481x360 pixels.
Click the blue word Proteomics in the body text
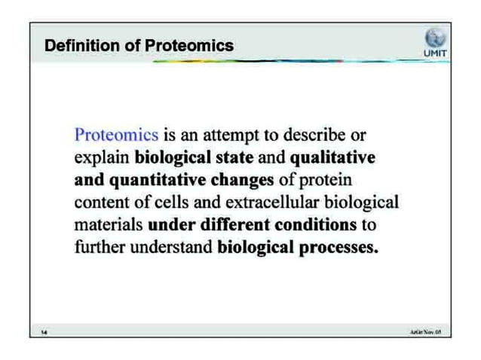(x=116, y=136)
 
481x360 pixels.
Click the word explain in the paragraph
(x=102, y=159)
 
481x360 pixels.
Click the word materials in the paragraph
(x=109, y=225)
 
